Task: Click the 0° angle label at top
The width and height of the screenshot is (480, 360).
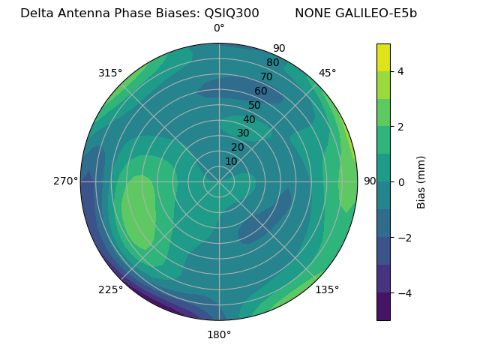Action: [x=219, y=28]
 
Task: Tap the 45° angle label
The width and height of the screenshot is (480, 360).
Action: [x=327, y=73]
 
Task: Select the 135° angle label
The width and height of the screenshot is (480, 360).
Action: [x=327, y=289]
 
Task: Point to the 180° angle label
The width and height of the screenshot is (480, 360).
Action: [x=219, y=334]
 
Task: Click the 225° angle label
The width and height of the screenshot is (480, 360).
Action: [x=110, y=289]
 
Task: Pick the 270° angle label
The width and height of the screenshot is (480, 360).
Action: [x=66, y=181]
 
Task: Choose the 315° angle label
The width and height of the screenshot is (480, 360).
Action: [x=110, y=73]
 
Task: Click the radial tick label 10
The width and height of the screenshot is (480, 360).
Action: [x=231, y=161]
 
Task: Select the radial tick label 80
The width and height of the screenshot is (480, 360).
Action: [x=273, y=63]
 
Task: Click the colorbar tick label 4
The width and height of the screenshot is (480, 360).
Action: [x=401, y=71]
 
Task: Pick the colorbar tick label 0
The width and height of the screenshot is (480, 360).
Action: [x=401, y=182]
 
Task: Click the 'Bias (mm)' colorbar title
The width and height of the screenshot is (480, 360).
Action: [x=421, y=182]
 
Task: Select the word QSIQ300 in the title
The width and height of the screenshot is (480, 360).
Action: [x=232, y=13]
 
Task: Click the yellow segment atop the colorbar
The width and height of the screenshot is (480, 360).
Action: [x=383, y=58]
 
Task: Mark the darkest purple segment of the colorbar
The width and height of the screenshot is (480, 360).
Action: [x=383, y=307]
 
